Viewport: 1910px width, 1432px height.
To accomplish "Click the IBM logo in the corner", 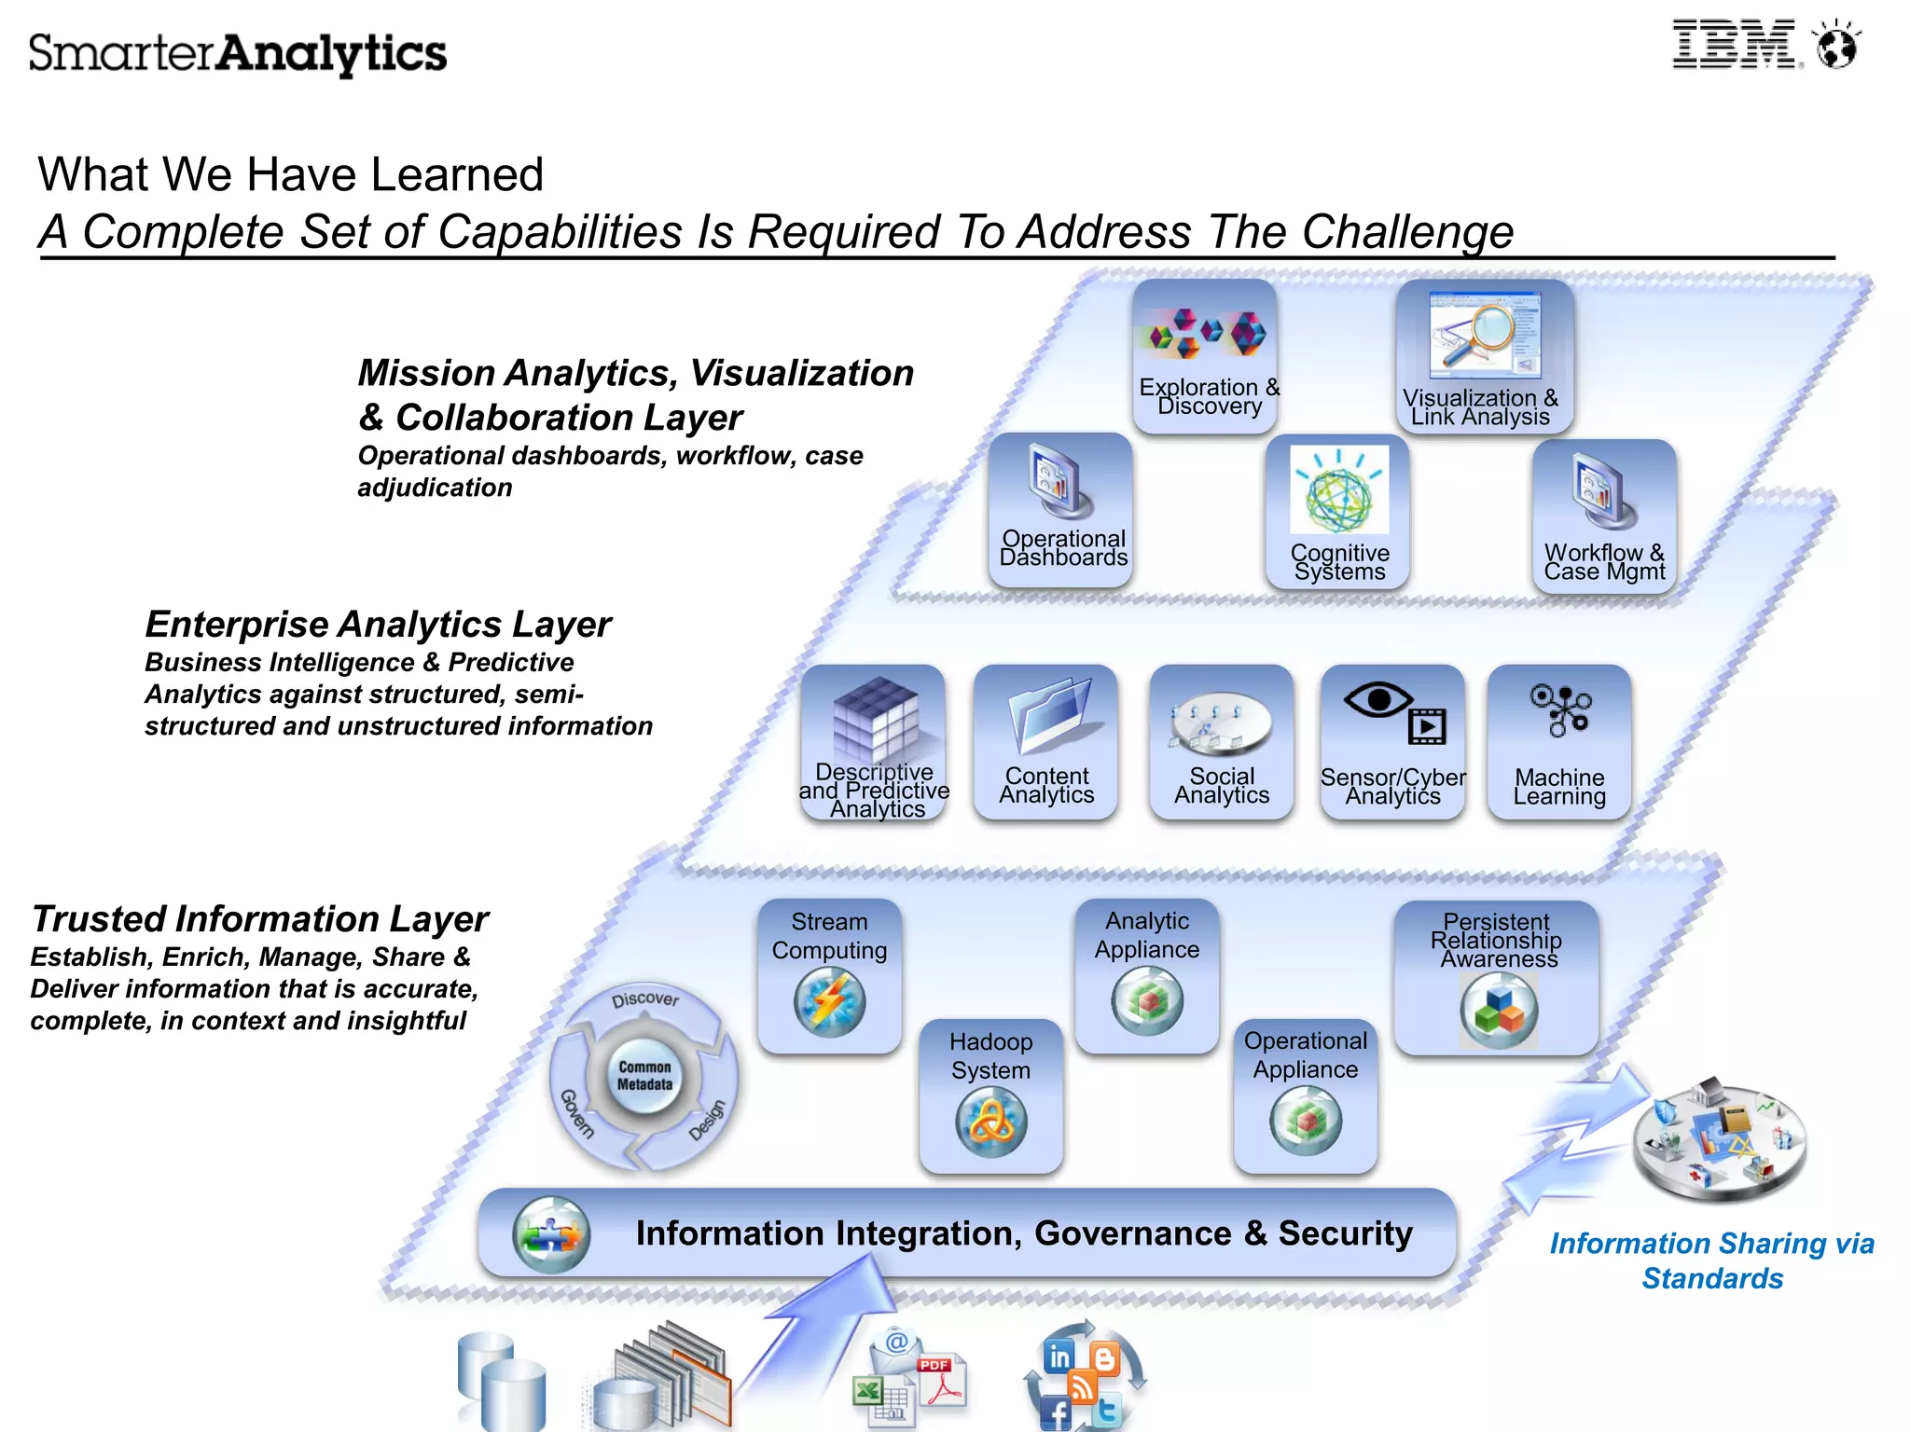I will pos(1735,45).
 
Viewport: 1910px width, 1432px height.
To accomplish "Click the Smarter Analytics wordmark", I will pos(238,53).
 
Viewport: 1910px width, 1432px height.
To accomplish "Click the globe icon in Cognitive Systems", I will pos(1338,492).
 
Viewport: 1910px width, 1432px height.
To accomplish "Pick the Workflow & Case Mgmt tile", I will pos(1604,516).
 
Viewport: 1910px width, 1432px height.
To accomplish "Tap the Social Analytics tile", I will pos(1222,742).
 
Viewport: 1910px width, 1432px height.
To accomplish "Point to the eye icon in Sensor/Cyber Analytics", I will pos(1378,699).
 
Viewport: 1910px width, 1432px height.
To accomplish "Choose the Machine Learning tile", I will pos(1559,742).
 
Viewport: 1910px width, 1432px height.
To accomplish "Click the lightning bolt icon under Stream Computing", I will pos(829,1003).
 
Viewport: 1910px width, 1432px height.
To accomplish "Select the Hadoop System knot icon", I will pos(991,1122).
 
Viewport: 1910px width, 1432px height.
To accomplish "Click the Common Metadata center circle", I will pos(644,1076).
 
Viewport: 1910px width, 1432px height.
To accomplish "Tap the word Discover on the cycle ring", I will pos(645,999).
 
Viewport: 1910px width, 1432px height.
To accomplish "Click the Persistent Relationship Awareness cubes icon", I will pos(1499,1011).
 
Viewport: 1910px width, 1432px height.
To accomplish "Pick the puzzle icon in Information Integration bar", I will pos(551,1234).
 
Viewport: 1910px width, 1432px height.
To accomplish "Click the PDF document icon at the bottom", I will pos(940,1382).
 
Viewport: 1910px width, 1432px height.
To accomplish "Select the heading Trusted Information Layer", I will pos(260,919).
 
